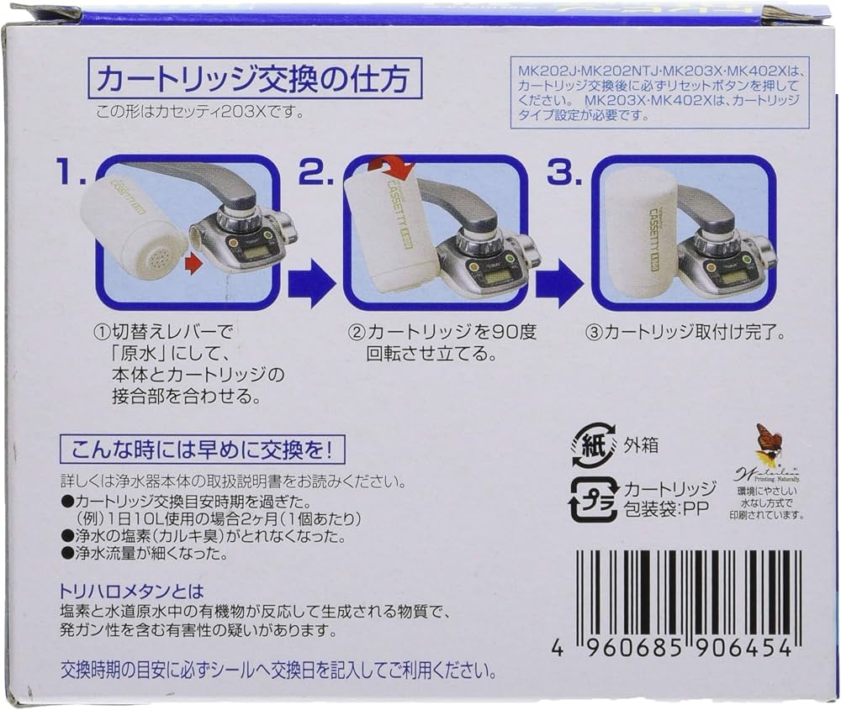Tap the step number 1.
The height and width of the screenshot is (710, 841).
(x=68, y=175)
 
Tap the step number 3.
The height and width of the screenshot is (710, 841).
(x=563, y=175)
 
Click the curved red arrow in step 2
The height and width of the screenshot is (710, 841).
(x=391, y=167)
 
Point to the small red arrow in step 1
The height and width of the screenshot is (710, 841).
(x=194, y=266)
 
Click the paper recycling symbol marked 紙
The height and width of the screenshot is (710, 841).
(x=594, y=444)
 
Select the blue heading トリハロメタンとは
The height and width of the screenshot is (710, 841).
(x=132, y=592)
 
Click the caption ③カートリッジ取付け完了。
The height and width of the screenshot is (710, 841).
(x=685, y=332)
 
